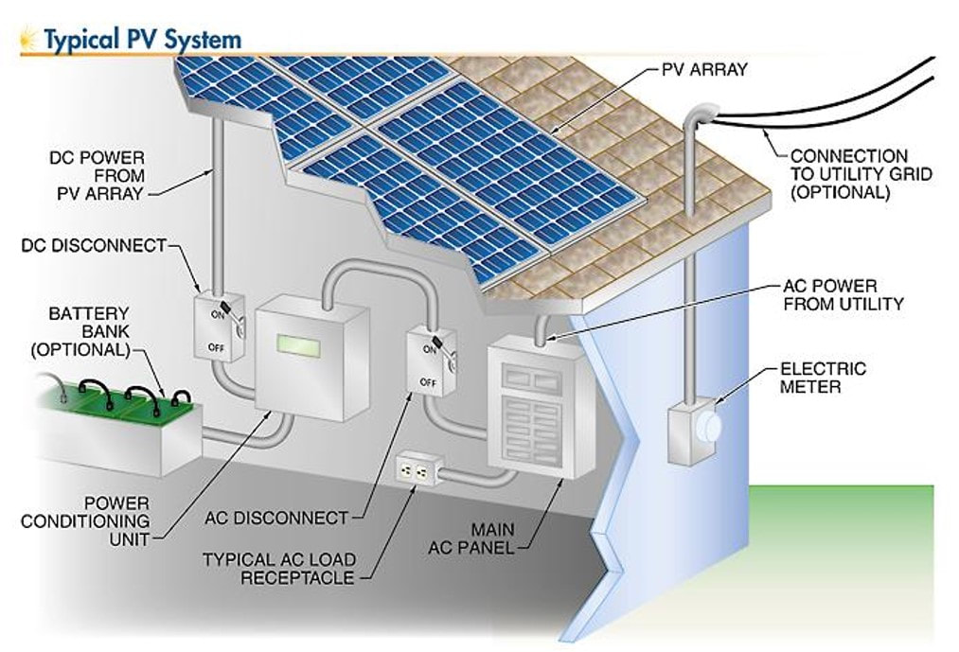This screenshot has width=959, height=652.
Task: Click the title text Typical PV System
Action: tap(142, 39)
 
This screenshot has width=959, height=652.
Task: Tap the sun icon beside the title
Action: tap(29, 39)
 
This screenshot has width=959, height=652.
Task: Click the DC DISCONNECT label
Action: tap(94, 246)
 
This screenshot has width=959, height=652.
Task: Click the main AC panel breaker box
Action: tap(524, 408)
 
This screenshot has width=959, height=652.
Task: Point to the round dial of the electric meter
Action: tap(708, 427)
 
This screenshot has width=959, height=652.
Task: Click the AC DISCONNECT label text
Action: tap(276, 518)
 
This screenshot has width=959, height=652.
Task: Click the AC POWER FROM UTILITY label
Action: tap(843, 294)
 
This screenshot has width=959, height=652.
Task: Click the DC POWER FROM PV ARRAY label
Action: tap(97, 175)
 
